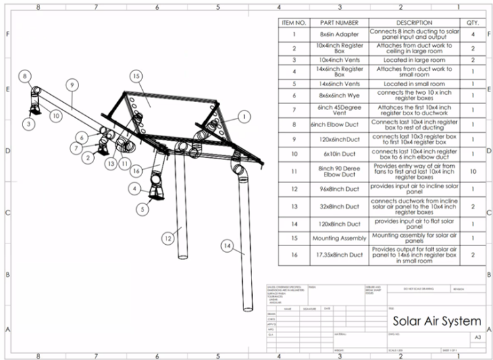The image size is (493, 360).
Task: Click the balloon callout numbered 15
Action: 136,76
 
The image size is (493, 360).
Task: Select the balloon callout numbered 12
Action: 169,238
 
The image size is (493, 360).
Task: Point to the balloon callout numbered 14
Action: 227,245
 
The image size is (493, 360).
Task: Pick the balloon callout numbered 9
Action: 71,84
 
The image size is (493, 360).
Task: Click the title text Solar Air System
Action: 436,321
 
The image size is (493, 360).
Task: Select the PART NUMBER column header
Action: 338,23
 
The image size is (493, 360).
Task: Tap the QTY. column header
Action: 472,23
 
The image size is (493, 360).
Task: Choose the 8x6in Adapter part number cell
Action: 338,34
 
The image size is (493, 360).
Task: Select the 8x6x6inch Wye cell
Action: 338,95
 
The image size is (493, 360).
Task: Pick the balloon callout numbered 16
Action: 136,171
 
